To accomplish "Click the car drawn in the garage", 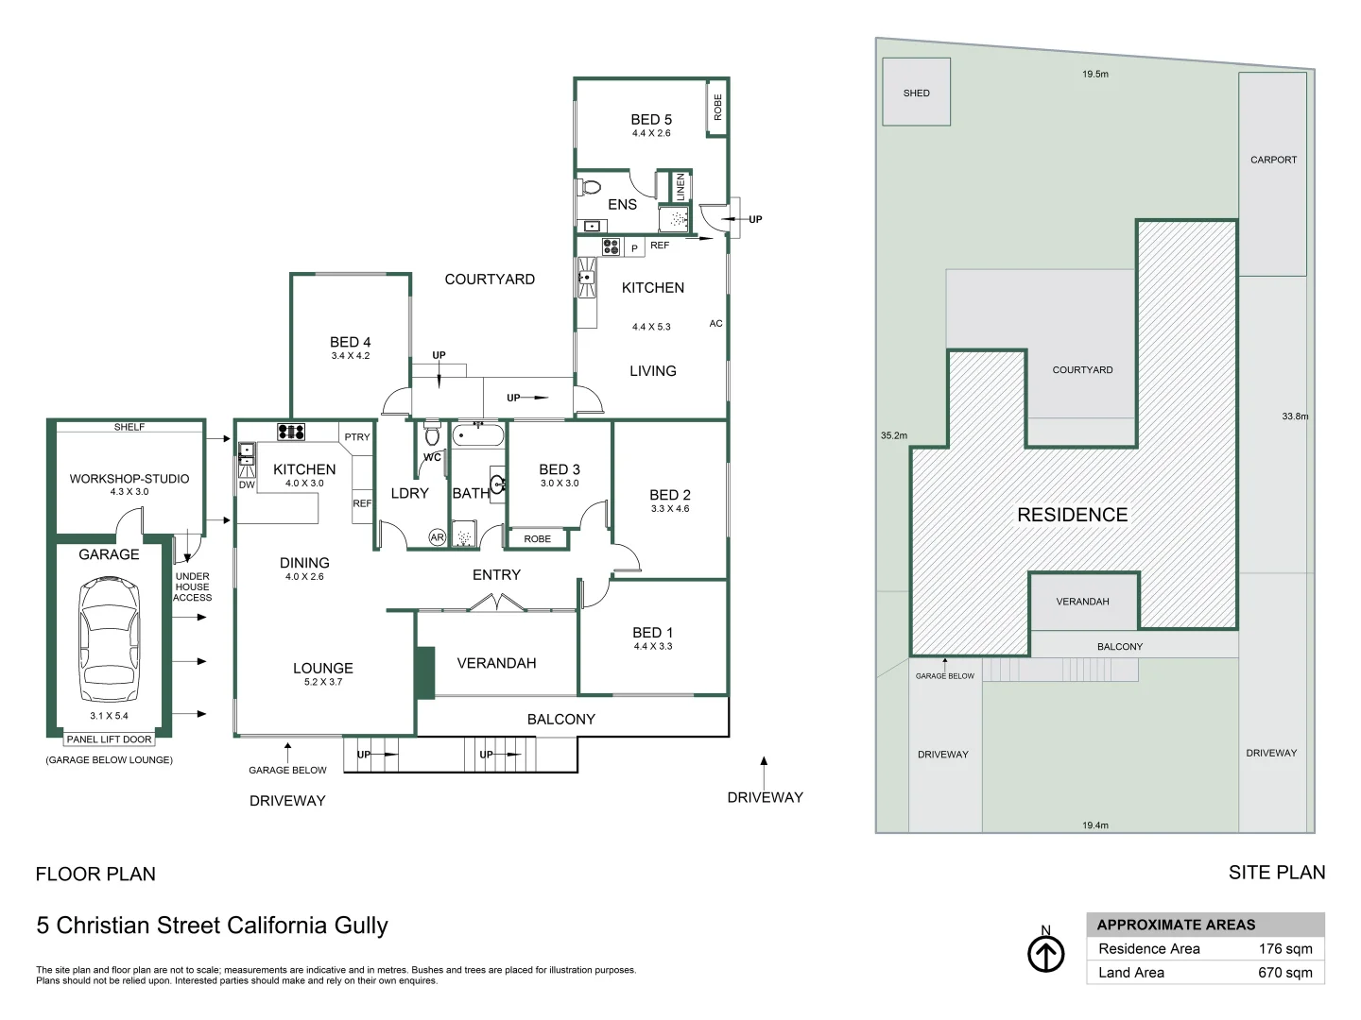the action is click(x=109, y=639).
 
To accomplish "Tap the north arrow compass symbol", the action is click(x=1046, y=954).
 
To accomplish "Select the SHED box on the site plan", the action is click(x=916, y=92).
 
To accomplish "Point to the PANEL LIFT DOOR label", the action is click(x=109, y=739).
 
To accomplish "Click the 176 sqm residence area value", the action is click(x=1284, y=949).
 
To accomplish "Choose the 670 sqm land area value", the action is click(x=1284, y=973).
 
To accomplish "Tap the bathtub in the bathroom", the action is click(x=478, y=435).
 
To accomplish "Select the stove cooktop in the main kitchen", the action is click(x=291, y=432).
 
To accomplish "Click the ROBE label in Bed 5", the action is click(x=717, y=107).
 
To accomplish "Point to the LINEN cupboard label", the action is click(x=680, y=186).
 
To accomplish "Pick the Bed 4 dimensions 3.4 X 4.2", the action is click(x=351, y=355).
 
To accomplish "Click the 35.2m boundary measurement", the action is click(x=893, y=435).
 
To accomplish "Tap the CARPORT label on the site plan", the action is click(x=1273, y=160).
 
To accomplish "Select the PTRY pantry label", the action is click(x=357, y=436).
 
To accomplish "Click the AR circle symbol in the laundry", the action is click(x=438, y=537).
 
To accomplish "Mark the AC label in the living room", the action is click(x=715, y=323).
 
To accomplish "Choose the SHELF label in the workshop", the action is click(x=129, y=427).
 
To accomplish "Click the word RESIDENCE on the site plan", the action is click(x=1072, y=515).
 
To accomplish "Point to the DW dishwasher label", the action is click(x=247, y=484).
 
